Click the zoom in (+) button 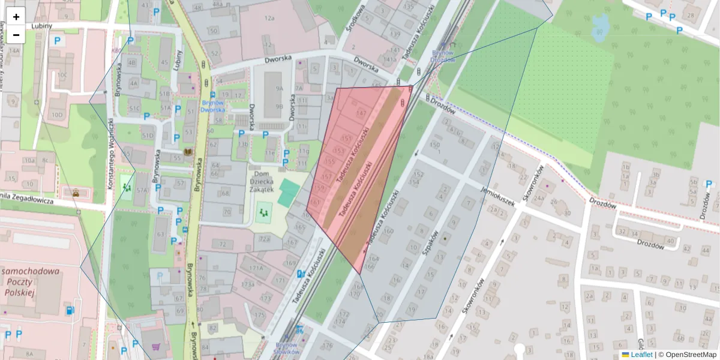[x=16, y=16]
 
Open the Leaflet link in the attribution [x=641, y=355]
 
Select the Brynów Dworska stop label [x=212, y=106]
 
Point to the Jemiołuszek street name [x=499, y=196]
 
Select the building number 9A [x=279, y=88]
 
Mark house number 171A [x=256, y=268]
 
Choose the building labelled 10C [x=62, y=75]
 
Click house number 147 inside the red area [x=361, y=112]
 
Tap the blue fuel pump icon [x=71, y=310]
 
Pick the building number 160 [x=389, y=231]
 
